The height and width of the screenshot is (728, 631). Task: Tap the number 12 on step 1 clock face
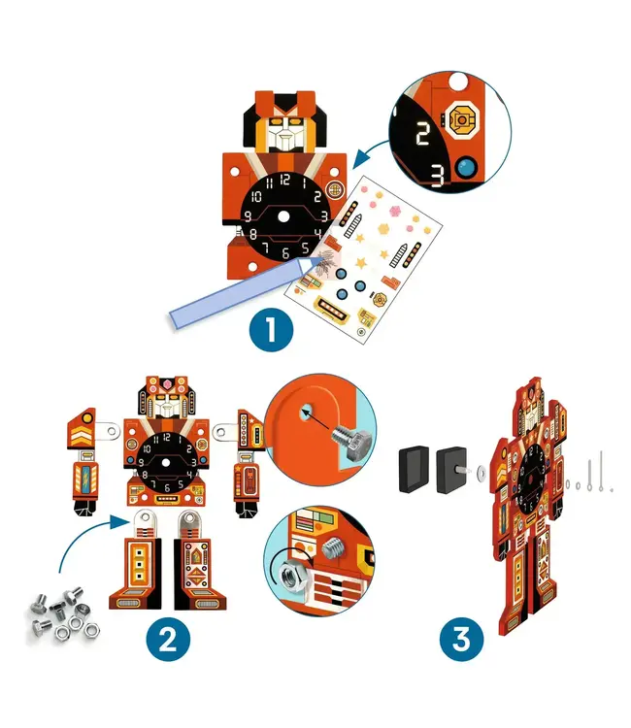(x=284, y=180)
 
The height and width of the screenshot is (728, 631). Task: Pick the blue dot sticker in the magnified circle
(x=467, y=168)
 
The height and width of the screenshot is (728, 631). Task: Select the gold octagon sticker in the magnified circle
(x=462, y=120)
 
